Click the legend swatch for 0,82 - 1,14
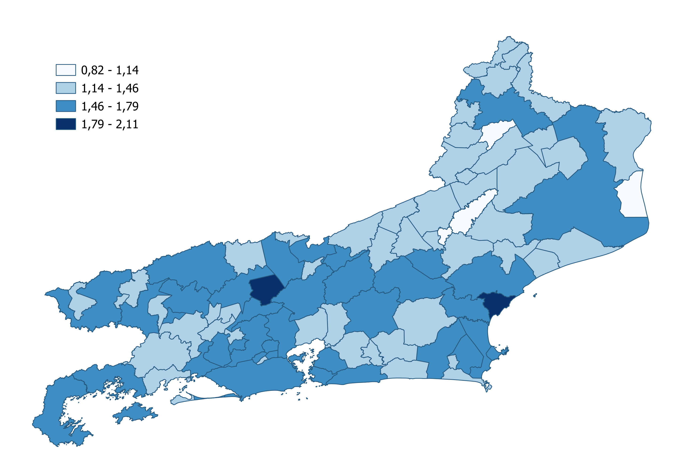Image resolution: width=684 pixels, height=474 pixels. [66, 70]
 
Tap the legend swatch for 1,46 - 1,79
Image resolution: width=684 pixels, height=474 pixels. [66, 106]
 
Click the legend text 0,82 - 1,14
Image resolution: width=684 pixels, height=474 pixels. [110, 70]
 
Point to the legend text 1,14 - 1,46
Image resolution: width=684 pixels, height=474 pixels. [110, 88]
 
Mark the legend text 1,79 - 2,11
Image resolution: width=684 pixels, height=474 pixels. [110, 124]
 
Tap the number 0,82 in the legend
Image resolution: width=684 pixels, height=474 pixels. [92, 70]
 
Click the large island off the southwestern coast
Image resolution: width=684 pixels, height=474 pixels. [135, 413]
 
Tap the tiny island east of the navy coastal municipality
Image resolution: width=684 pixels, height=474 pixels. [535, 295]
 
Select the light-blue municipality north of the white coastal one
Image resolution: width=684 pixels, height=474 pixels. [624, 140]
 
